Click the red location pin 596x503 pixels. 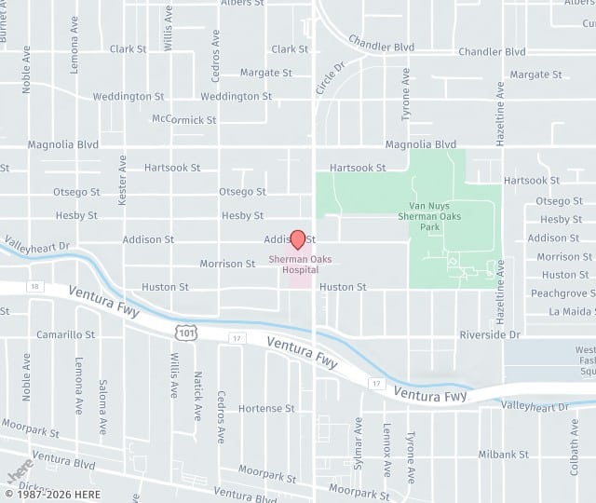point(298,239)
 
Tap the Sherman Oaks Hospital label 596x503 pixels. point(300,265)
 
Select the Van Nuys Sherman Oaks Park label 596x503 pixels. point(430,215)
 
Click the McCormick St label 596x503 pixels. point(183,120)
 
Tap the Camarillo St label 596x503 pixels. point(65,334)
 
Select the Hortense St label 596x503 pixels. point(266,408)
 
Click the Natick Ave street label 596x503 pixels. point(197,395)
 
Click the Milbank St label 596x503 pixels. point(503,455)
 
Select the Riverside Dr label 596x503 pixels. point(489,334)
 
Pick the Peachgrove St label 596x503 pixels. point(562,293)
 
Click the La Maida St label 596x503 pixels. point(571,311)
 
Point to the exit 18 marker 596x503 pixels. point(34,286)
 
